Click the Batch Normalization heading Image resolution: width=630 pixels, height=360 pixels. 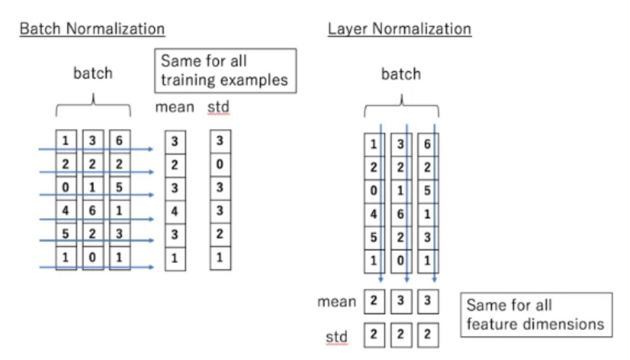click(92, 29)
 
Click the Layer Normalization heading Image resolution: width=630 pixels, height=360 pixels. click(399, 29)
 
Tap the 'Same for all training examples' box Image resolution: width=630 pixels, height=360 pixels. click(226, 70)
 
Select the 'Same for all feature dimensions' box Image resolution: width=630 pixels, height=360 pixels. click(535, 314)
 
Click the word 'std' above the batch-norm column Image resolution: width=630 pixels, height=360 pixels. click(218, 107)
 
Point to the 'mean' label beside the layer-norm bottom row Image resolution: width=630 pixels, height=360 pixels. click(336, 302)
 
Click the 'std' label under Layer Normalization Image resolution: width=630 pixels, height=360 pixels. click(336, 336)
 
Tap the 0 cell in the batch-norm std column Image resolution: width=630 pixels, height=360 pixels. click(220, 165)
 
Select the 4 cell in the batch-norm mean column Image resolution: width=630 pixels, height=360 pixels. click(175, 211)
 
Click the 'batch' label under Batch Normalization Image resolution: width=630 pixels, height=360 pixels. click(92, 73)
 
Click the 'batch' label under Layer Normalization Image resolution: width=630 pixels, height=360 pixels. click(401, 74)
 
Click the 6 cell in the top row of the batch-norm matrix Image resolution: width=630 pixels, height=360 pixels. click(119, 141)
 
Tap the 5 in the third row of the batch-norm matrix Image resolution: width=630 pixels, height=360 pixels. click(119, 188)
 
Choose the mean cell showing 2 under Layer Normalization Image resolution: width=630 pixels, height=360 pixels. click(374, 302)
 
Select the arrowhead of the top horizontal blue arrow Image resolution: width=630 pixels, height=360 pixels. click(151, 149)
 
